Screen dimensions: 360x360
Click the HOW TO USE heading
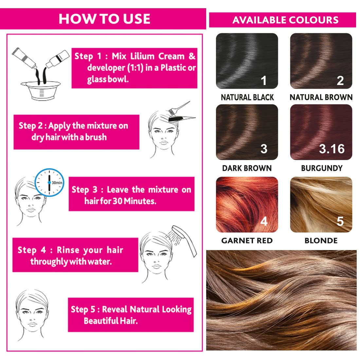104,19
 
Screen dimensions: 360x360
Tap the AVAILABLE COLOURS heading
285,20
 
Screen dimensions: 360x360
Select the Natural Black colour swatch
247,61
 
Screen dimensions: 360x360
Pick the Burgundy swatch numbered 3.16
321,132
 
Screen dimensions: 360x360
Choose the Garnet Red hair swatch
247,205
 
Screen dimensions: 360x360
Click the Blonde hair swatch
321,205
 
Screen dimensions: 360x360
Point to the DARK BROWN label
247,168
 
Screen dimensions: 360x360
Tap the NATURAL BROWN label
321,97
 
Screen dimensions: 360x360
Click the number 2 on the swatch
340,81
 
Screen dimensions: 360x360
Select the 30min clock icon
49,183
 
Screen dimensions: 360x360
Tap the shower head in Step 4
184,241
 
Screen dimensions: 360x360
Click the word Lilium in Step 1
142,56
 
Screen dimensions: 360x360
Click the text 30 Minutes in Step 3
135,201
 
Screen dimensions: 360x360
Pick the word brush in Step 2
96,137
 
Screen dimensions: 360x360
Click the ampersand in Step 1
192,56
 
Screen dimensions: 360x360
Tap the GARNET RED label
247,241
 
